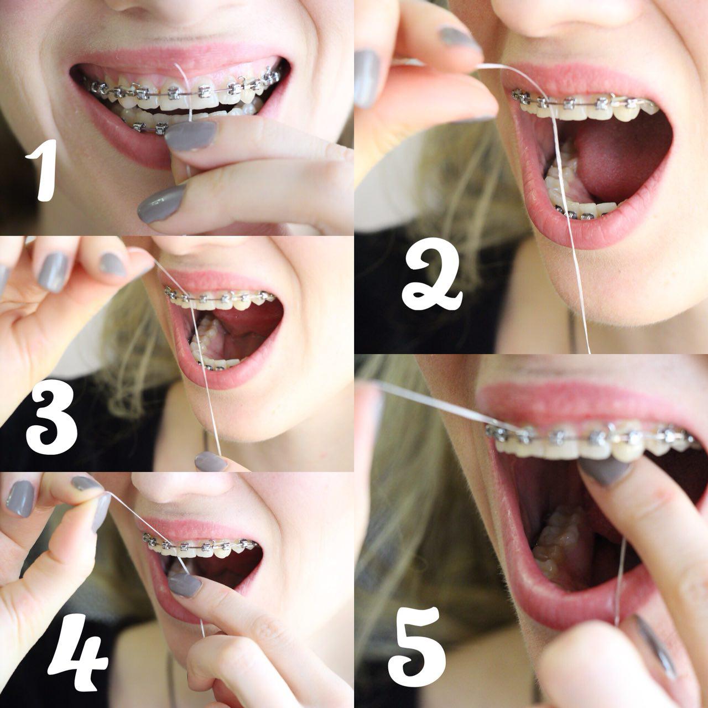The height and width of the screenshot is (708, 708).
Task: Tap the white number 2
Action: click(x=431, y=274)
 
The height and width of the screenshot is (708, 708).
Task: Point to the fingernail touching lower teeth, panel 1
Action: click(x=190, y=136)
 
